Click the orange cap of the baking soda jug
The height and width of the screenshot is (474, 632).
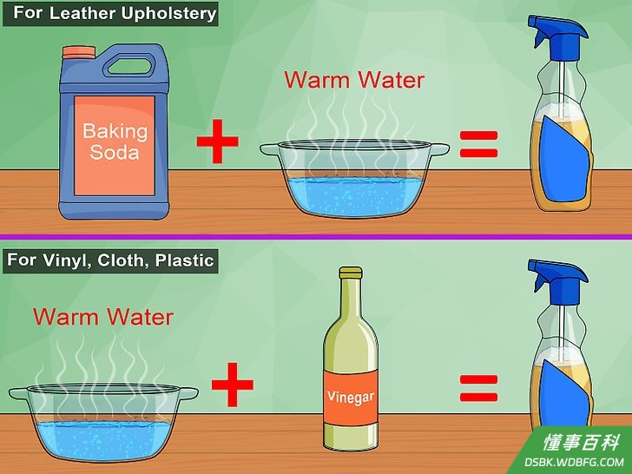pyautogui.click(x=79, y=52)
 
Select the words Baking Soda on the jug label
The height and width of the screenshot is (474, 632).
pyautogui.click(x=115, y=142)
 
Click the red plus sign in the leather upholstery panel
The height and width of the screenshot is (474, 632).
pyautogui.click(x=218, y=141)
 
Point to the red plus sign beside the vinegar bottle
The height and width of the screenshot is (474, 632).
pyautogui.click(x=233, y=385)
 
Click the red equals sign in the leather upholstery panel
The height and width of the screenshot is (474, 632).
pyautogui.click(x=479, y=144)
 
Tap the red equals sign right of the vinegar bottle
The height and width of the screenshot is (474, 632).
pyautogui.click(x=479, y=388)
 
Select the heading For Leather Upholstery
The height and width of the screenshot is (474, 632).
pyautogui.click(x=115, y=13)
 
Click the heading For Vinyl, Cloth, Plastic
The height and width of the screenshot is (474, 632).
pyautogui.click(x=110, y=260)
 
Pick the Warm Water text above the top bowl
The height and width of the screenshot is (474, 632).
pyautogui.click(x=354, y=80)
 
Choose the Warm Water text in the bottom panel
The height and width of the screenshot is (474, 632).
pyautogui.click(x=103, y=317)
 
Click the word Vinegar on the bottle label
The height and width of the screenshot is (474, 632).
pyautogui.click(x=350, y=397)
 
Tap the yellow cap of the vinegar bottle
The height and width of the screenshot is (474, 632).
pyautogui.click(x=350, y=273)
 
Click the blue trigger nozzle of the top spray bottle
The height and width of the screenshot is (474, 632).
pyautogui.click(x=557, y=33)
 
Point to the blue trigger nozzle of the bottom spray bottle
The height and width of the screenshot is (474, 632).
pyautogui.click(x=557, y=276)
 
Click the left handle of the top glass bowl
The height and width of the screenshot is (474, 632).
pyautogui.click(x=271, y=150)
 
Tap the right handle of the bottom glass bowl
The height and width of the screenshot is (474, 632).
pyautogui.click(x=188, y=393)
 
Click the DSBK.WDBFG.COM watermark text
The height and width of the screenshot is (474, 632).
pyautogui.click(x=574, y=462)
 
